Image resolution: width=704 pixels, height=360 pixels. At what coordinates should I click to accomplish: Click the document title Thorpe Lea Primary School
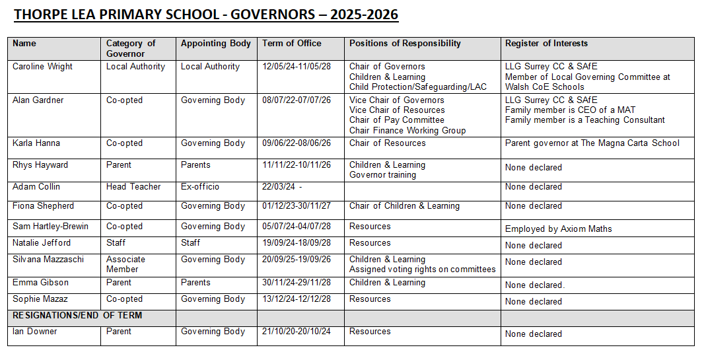pyautogui.click(x=206, y=14)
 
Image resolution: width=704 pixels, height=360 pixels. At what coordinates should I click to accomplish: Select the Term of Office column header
pyautogui.click(x=291, y=44)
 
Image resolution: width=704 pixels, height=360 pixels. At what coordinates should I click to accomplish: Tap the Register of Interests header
pyautogui.click(x=546, y=44)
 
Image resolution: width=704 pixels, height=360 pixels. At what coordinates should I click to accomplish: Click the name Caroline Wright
pyautogui.click(x=43, y=67)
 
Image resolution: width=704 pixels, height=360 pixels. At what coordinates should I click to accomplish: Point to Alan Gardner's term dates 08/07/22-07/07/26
pyautogui.click(x=297, y=100)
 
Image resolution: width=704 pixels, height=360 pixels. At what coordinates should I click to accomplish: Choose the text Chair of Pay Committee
pyautogui.click(x=397, y=120)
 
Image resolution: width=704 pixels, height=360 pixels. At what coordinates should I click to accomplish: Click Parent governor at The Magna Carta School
pyautogui.click(x=592, y=143)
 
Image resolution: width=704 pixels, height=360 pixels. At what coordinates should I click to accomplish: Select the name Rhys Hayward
pyautogui.click(x=40, y=165)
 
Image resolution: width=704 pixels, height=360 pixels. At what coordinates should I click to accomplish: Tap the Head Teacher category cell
pyautogui.click(x=133, y=187)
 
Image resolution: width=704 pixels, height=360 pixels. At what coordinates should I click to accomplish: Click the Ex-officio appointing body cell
pyautogui.click(x=200, y=187)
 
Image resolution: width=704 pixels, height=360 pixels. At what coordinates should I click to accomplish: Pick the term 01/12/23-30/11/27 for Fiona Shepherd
pyautogui.click(x=297, y=206)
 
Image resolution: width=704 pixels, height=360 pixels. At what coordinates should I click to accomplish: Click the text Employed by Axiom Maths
pyautogui.click(x=558, y=229)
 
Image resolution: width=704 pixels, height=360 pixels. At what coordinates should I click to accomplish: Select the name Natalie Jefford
pyautogui.click(x=42, y=243)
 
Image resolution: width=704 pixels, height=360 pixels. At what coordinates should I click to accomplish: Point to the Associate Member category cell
pyautogui.click(x=125, y=264)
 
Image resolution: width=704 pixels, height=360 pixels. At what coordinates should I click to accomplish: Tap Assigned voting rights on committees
pyautogui.click(x=422, y=270)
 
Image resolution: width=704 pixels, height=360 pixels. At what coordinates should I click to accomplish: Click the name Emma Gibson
pyautogui.click(x=40, y=283)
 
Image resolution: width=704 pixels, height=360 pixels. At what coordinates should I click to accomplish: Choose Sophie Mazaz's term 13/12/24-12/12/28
pyautogui.click(x=297, y=299)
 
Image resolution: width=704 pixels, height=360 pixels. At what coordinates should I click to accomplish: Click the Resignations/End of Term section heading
pyautogui.click(x=77, y=316)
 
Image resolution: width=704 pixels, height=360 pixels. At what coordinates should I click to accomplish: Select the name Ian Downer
pyautogui.click(x=35, y=332)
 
